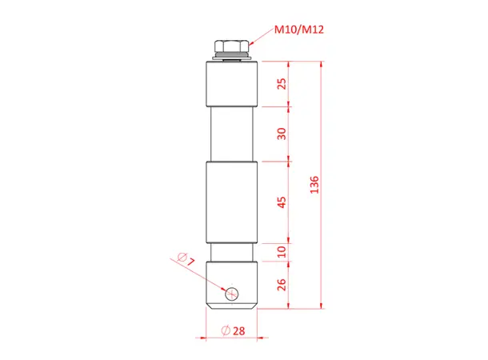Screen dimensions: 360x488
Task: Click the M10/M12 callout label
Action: (298, 30)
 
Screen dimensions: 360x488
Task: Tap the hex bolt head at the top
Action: (232, 46)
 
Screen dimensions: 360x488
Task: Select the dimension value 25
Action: (280, 84)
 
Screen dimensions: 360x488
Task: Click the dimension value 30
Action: (280, 134)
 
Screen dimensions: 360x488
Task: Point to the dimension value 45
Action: (280, 202)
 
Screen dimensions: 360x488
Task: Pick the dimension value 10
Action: (280, 252)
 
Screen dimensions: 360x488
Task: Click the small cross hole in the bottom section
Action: (232, 293)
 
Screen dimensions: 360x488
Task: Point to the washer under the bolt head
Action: (232, 58)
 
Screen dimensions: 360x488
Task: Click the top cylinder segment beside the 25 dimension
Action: (232, 84)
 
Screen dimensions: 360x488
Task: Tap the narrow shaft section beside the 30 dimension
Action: (232, 134)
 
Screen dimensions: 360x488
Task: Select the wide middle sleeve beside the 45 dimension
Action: (232, 202)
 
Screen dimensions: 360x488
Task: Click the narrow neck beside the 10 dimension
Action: (232, 252)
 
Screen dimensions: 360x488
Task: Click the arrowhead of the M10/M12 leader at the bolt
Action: (249, 44)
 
